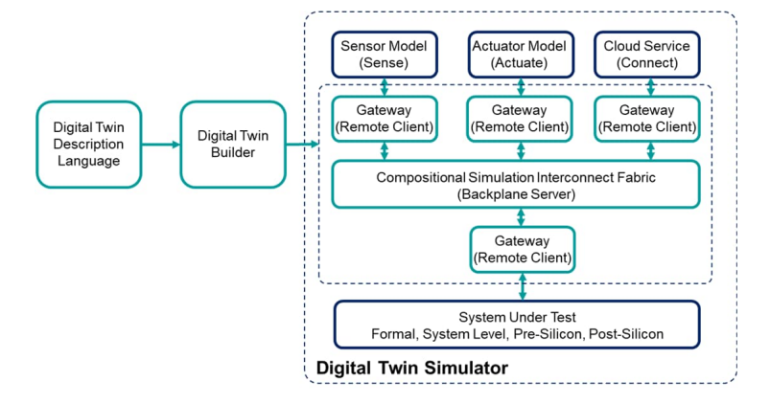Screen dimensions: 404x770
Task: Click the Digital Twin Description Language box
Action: [88, 145]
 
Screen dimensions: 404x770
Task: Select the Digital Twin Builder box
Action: [233, 145]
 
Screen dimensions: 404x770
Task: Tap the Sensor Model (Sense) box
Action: [385, 54]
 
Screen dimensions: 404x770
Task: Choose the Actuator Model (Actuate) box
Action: [521, 54]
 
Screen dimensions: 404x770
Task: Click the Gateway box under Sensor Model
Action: [385, 120]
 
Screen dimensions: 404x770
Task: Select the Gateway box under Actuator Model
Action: [521, 120]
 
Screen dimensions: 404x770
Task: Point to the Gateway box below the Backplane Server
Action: [522, 249]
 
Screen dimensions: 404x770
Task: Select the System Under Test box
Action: [517, 325]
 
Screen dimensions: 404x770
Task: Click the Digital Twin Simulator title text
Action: [412, 368]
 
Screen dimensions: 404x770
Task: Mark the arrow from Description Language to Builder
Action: [161, 145]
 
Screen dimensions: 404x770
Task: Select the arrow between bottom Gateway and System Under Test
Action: [522, 286]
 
